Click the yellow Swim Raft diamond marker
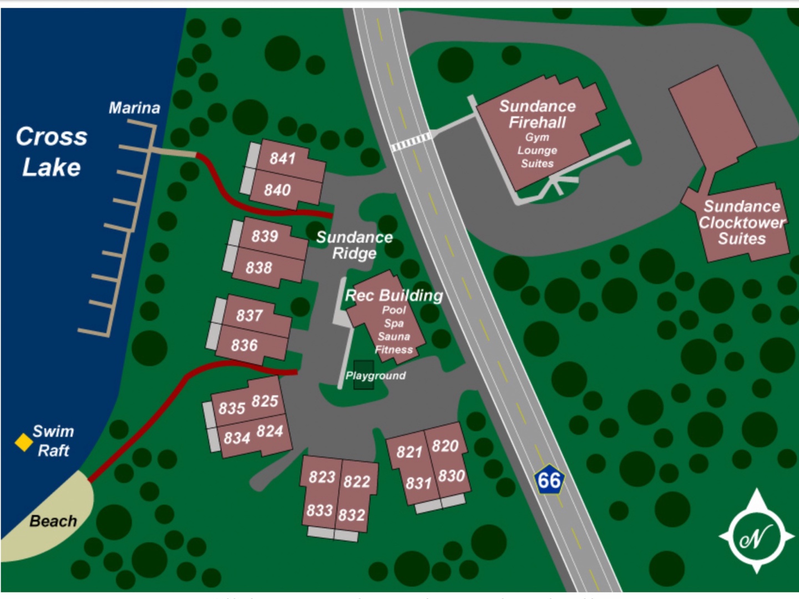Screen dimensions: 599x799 tap(23, 442)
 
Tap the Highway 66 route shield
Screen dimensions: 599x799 tap(549, 479)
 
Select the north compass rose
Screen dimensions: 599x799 tap(756, 536)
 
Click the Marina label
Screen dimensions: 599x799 tap(134, 108)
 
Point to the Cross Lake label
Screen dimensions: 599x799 tap(52, 151)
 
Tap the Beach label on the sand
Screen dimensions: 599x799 tap(53, 521)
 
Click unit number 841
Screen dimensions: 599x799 tap(282, 159)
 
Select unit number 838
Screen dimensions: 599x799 tap(259, 268)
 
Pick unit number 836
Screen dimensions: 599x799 tap(244, 346)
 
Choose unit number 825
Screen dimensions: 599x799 tap(265, 400)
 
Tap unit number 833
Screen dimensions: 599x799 tap(320, 510)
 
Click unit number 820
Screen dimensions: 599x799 tap(445, 446)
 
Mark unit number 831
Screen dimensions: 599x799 tap(418, 484)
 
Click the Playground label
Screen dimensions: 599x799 tap(376, 375)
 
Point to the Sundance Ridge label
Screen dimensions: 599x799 tap(355, 245)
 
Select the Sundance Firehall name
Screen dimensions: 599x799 tap(537, 114)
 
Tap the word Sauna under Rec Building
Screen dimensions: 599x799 tap(393, 336)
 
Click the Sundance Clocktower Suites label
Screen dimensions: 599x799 tap(742, 222)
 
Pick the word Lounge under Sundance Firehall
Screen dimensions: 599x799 tap(537, 150)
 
